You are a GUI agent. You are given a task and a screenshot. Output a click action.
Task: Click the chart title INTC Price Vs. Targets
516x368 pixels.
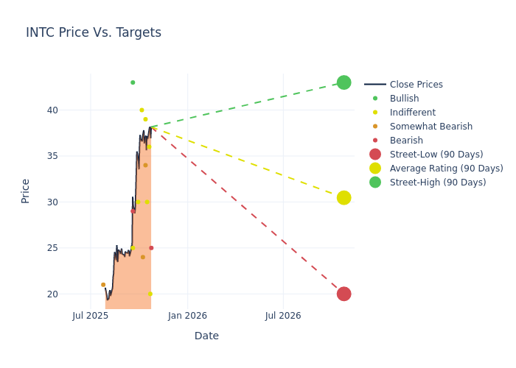94,33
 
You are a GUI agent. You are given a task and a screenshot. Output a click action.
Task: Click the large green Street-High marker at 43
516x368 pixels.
344,82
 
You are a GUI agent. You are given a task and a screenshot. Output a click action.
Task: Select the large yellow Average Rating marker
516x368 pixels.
344,198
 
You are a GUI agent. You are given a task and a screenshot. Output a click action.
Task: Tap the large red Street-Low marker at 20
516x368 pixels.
344,294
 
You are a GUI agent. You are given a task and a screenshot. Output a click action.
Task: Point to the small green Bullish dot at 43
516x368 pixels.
133,82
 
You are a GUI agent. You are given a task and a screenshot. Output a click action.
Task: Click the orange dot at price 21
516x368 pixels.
103,285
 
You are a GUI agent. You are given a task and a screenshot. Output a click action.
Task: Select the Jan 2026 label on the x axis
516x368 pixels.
187,316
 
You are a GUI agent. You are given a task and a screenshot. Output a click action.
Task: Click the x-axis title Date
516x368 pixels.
206,336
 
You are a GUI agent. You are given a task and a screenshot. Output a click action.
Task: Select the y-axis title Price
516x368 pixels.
26,191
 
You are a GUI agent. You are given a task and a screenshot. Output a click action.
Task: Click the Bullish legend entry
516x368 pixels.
404,99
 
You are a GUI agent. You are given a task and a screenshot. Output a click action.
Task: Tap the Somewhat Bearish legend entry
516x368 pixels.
430,127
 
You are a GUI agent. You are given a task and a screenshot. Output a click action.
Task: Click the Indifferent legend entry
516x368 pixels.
412,113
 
